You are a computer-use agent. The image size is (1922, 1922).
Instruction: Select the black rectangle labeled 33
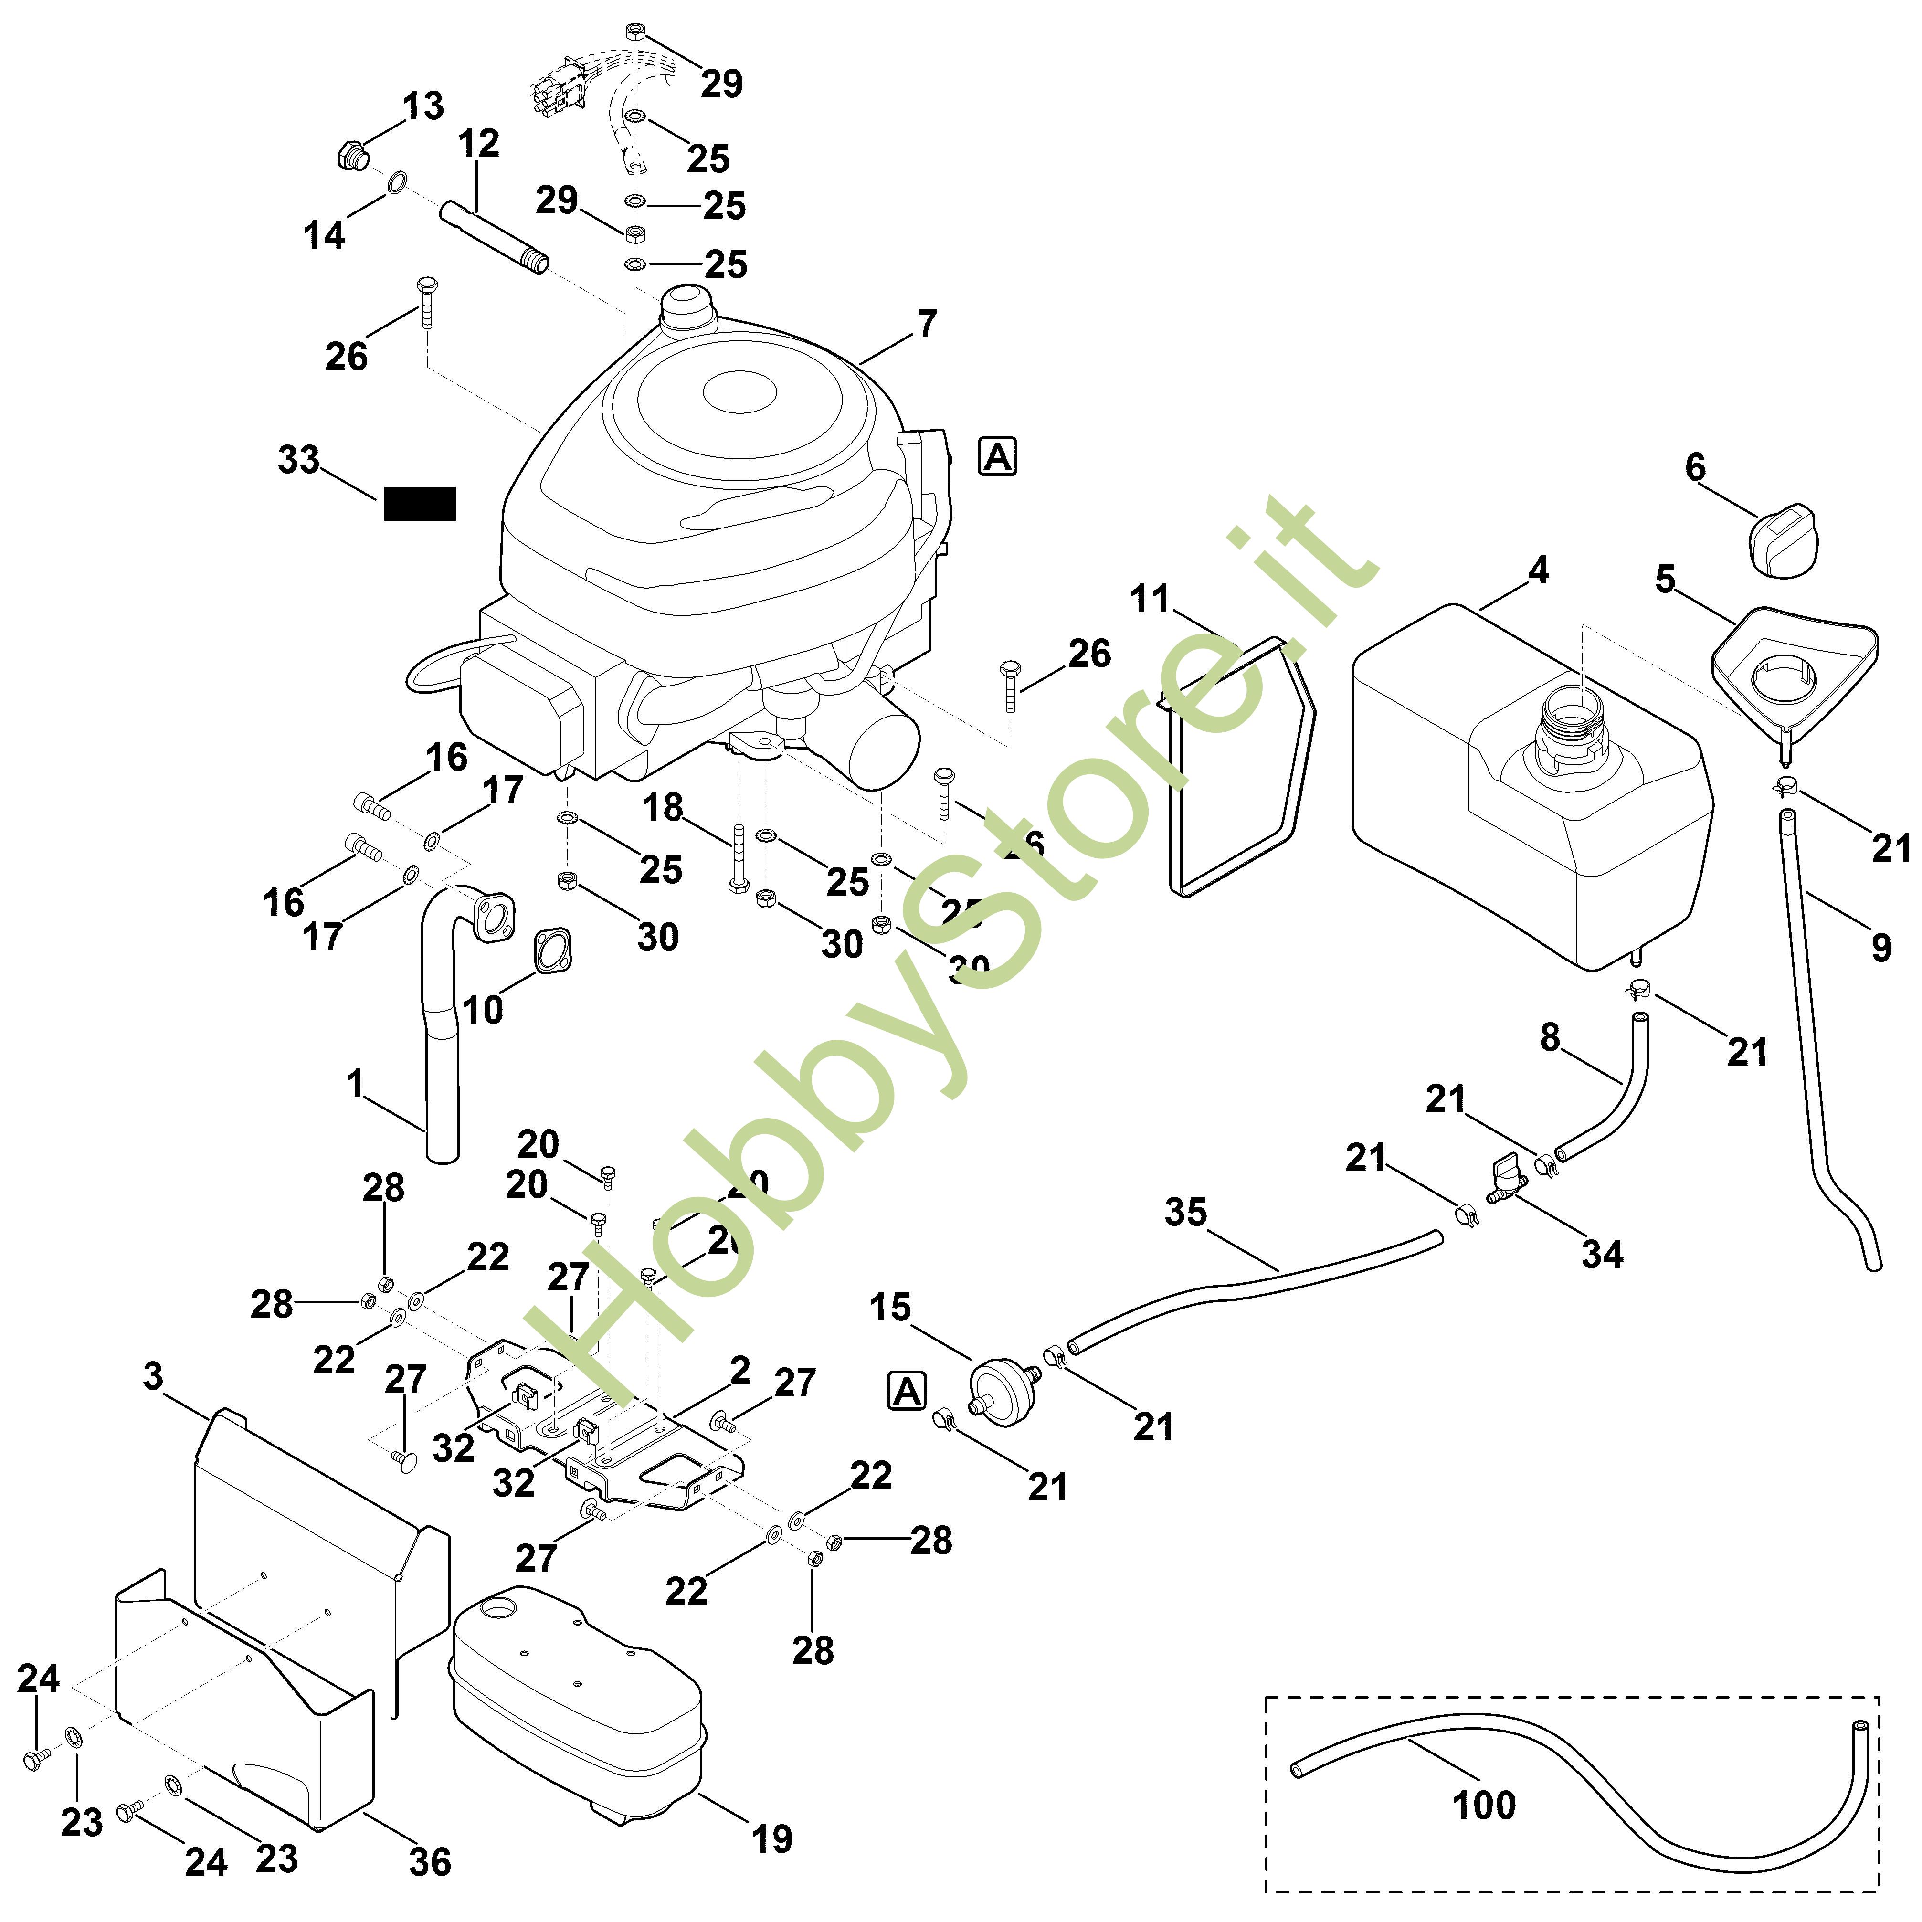[x=420, y=503]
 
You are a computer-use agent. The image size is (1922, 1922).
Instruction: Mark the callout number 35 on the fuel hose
[x=1185, y=1213]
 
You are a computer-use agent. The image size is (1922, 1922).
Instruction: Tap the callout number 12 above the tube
[x=478, y=143]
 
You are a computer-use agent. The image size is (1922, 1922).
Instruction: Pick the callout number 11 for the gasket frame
[x=1150, y=600]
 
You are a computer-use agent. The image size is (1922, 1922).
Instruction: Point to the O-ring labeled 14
[x=396, y=183]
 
